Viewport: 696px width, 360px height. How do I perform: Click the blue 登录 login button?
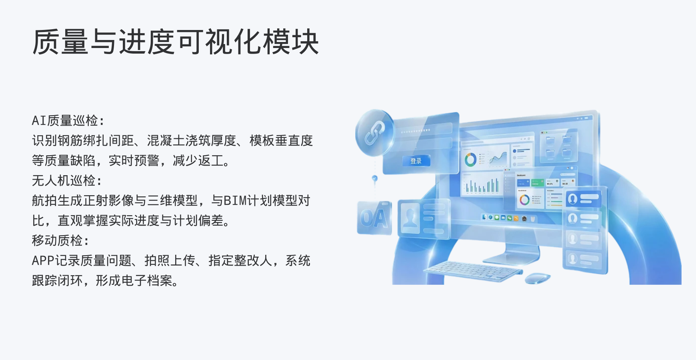click(416, 161)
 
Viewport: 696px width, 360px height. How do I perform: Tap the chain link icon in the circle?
click(375, 133)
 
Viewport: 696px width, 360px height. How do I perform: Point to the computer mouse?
click(537, 278)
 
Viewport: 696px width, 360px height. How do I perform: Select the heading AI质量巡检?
click(68, 120)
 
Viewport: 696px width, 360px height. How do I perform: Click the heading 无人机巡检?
click(66, 180)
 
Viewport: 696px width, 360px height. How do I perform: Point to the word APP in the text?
click(43, 260)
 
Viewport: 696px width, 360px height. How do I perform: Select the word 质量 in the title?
click(60, 42)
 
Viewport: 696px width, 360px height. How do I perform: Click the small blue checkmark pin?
click(374, 178)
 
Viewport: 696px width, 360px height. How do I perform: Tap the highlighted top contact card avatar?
click(573, 199)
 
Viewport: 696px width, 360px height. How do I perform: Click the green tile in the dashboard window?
click(536, 183)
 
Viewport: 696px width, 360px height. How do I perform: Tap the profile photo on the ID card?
click(410, 218)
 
